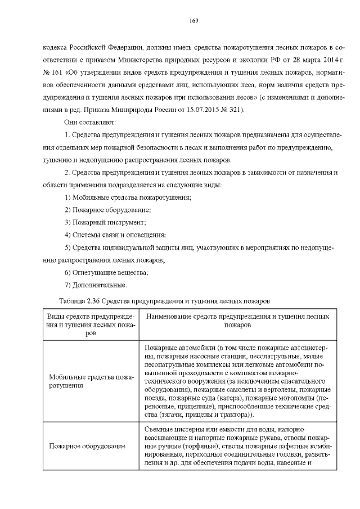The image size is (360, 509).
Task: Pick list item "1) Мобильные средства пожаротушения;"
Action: point(128,197)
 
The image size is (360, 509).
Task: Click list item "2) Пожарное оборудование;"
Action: point(108,210)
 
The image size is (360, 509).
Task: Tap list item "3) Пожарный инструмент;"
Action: point(105,223)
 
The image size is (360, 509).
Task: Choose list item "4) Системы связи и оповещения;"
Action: point(115,235)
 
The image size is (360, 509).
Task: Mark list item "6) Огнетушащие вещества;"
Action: point(106,273)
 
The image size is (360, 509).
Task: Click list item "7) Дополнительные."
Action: point(95,285)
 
